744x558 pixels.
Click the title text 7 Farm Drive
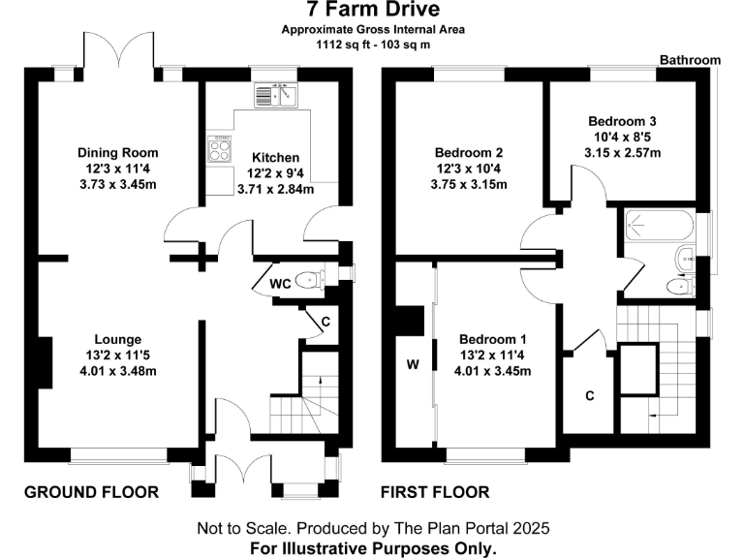pyautogui.click(x=372, y=11)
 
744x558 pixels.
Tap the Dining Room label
pyautogui.click(x=117, y=153)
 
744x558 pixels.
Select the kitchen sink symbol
pyautogui.click(x=280, y=96)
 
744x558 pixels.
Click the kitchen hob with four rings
pyautogui.click(x=218, y=150)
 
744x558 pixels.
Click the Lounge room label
pyautogui.click(x=117, y=339)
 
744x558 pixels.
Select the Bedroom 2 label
pyautogui.click(x=468, y=153)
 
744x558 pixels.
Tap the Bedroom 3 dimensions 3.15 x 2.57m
pyautogui.click(x=622, y=152)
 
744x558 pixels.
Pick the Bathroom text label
pyautogui.click(x=690, y=60)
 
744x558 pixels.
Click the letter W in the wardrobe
pyautogui.click(x=413, y=365)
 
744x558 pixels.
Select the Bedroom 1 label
pyautogui.click(x=492, y=339)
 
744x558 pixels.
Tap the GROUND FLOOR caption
pyautogui.click(x=91, y=492)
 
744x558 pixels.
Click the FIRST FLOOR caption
pyautogui.click(x=435, y=492)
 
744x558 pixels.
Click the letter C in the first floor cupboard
pyautogui.click(x=589, y=396)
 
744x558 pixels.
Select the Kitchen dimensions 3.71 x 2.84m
pyautogui.click(x=276, y=189)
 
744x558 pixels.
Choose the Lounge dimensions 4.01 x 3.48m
pyautogui.click(x=117, y=371)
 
